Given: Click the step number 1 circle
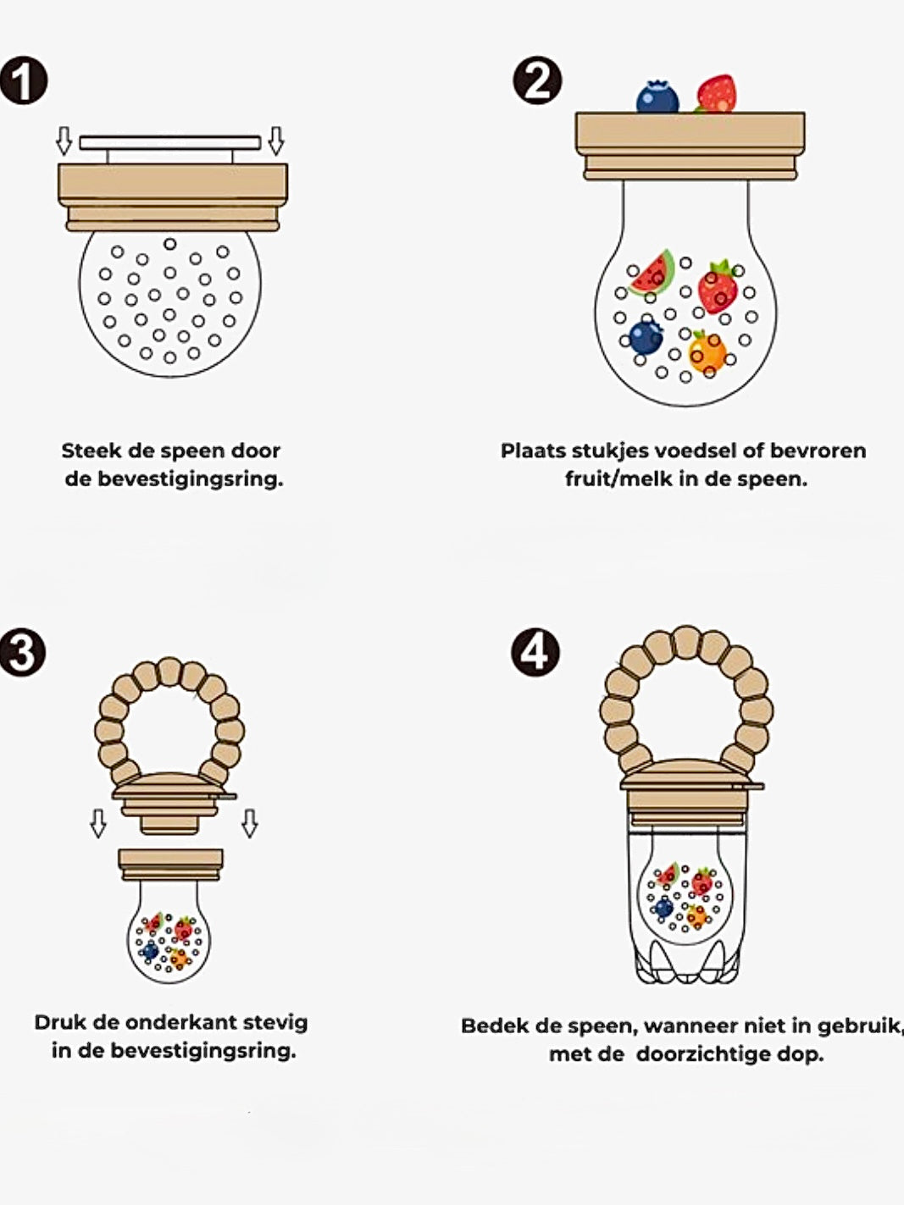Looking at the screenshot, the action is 24,80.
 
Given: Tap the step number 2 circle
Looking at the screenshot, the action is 537,80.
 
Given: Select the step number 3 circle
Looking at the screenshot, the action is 23,652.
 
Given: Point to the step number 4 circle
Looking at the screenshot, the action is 535,652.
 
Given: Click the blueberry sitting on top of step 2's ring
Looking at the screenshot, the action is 657,97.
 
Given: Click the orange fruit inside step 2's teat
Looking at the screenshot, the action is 707,352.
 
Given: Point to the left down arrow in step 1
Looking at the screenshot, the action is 64,141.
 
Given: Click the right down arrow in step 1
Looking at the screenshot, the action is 275,141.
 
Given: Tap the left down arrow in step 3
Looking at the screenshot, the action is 98,823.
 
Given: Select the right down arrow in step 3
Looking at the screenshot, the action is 250,823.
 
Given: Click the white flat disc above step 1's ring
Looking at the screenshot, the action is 170,143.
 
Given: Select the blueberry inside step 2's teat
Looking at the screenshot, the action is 645,337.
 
